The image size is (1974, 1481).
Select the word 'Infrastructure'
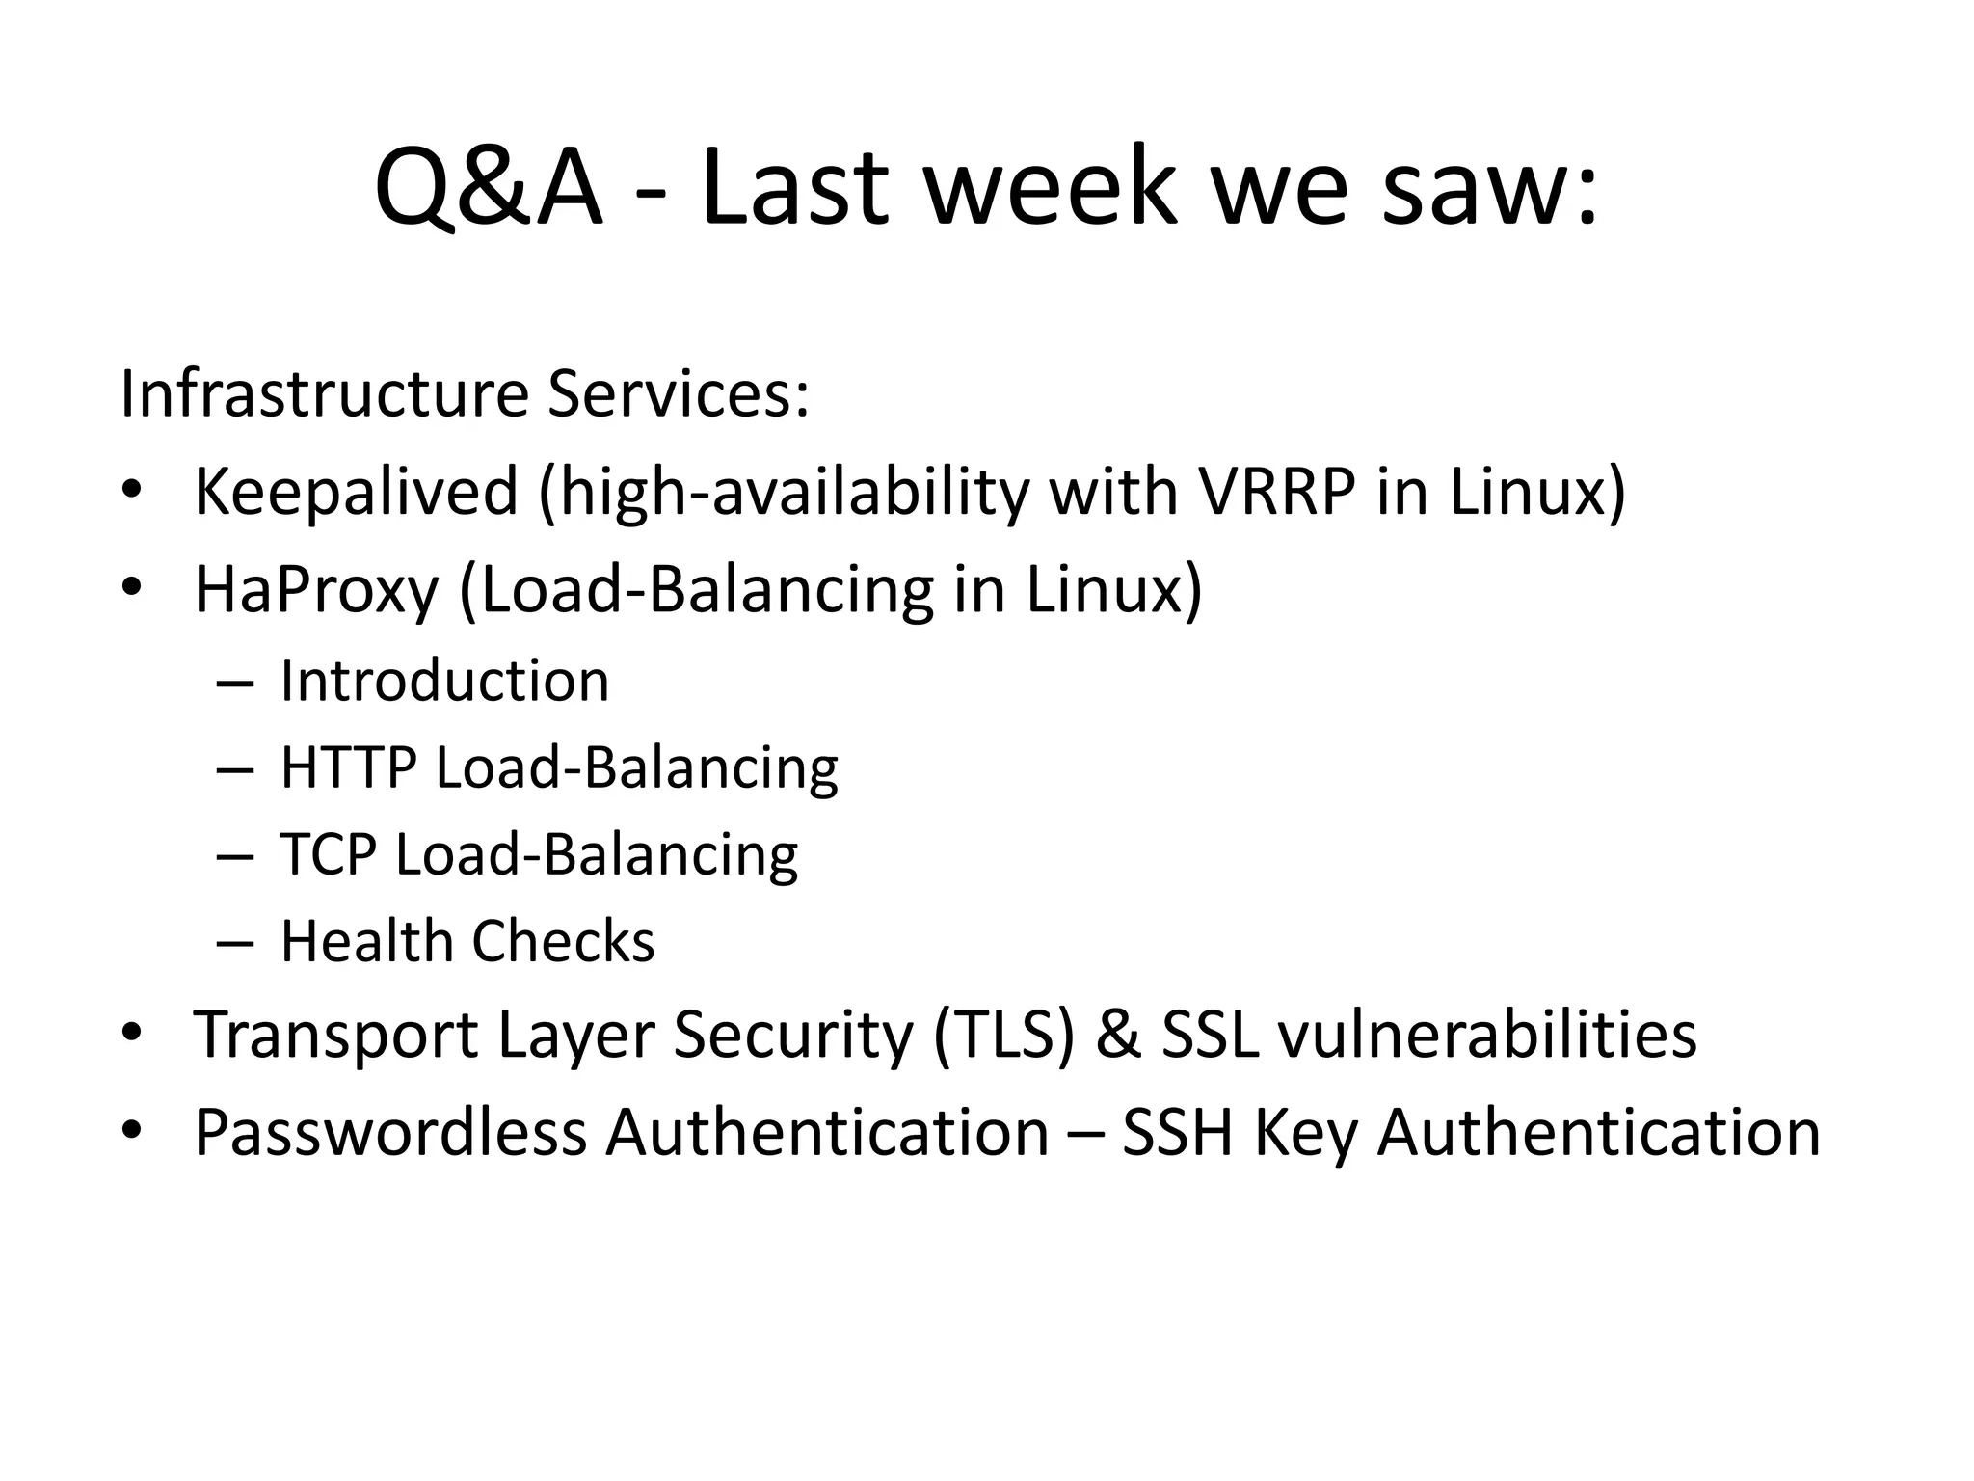point(324,394)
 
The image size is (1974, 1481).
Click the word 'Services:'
point(679,394)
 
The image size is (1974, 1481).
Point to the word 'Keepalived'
point(356,492)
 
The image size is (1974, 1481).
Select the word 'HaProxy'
point(316,590)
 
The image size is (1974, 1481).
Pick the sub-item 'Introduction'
point(444,682)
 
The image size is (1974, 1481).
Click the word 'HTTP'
point(348,768)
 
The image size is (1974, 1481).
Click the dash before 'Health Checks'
point(235,942)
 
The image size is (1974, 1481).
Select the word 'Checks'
point(563,942)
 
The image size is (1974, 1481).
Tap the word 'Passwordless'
point(390,1133)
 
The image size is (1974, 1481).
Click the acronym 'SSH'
point(1178,1133)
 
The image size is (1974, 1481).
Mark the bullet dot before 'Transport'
point(132,1033)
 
